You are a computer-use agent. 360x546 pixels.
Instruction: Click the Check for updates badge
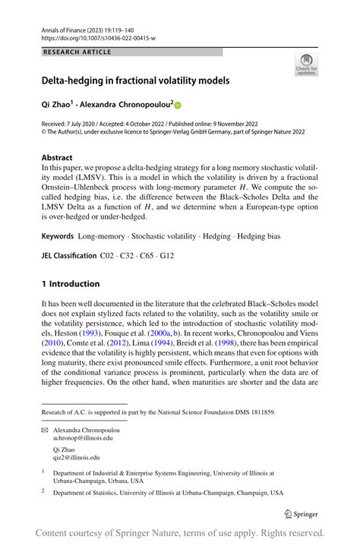click(x=306, y=65)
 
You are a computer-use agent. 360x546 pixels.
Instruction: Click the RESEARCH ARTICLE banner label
click(x=78, y=52)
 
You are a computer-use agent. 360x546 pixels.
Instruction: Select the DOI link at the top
click(x=99, y=36)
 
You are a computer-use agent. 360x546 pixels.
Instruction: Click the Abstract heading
click(x=60, y=159)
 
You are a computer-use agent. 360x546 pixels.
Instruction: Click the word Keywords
click(x=62, y=236)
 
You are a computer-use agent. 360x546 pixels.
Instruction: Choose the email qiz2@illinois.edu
click(x=76, y=457)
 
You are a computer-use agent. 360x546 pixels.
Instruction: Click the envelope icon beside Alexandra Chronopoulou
click(x=45, y=430)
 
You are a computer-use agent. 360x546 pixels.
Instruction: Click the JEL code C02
click(x=109, y=256)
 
